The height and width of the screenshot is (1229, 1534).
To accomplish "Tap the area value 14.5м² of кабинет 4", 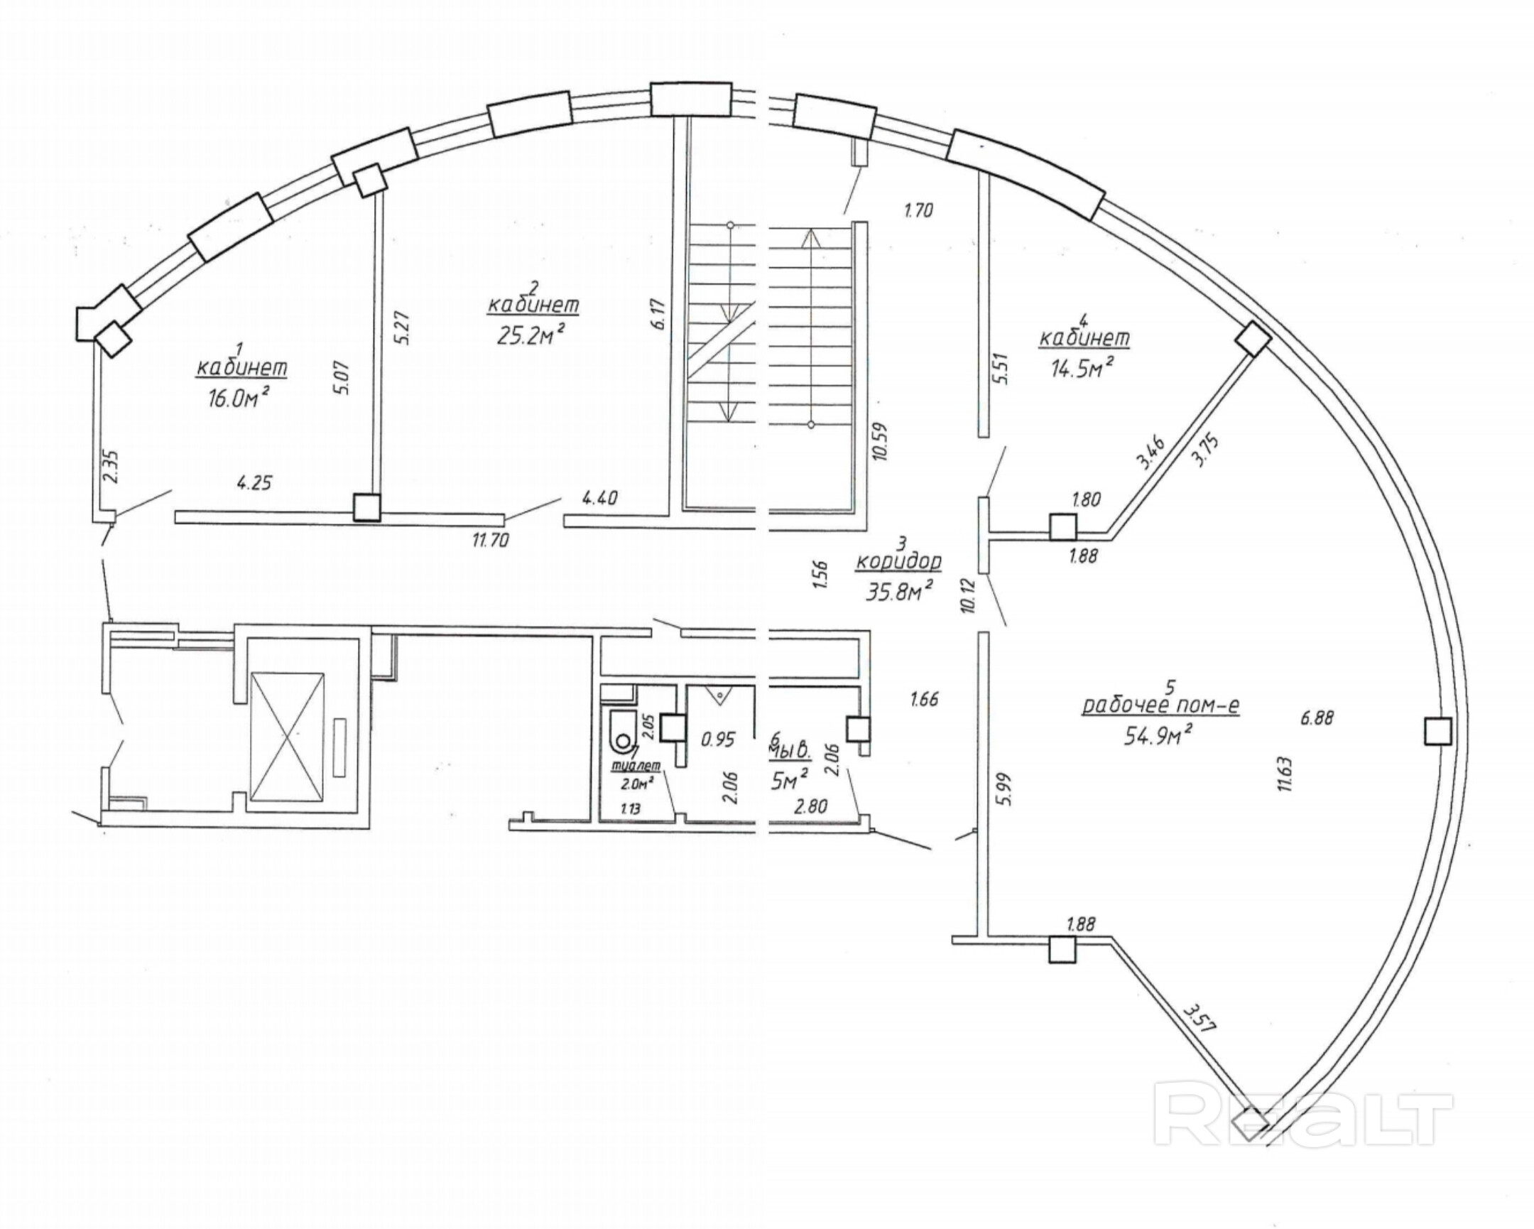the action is click(1082, 368).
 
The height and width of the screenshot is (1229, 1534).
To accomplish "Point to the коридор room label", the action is click(898, 561).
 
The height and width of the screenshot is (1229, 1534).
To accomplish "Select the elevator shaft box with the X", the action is click(287, 735).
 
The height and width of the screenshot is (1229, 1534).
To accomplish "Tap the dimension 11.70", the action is click(490, 541).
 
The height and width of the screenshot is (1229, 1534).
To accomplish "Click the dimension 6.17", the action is click(658, 314).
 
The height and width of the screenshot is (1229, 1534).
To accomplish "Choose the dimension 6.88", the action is click(1316, 718).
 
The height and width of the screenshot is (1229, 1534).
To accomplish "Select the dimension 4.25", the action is click(254, 483).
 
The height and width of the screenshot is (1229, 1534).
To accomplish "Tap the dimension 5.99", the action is click(1006, 789).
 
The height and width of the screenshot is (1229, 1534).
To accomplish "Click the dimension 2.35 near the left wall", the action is click(111, 467).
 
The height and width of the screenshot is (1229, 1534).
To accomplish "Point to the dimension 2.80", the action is click(810, 806).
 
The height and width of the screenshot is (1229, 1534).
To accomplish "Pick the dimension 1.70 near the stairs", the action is click(918, 211).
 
